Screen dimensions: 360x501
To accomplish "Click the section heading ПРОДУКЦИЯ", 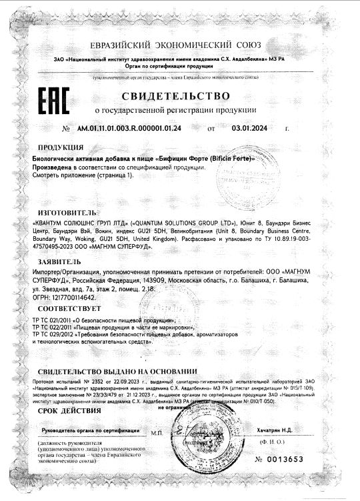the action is click(x=61, y=147).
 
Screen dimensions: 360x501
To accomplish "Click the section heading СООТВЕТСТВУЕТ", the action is click(x=69, y=310).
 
